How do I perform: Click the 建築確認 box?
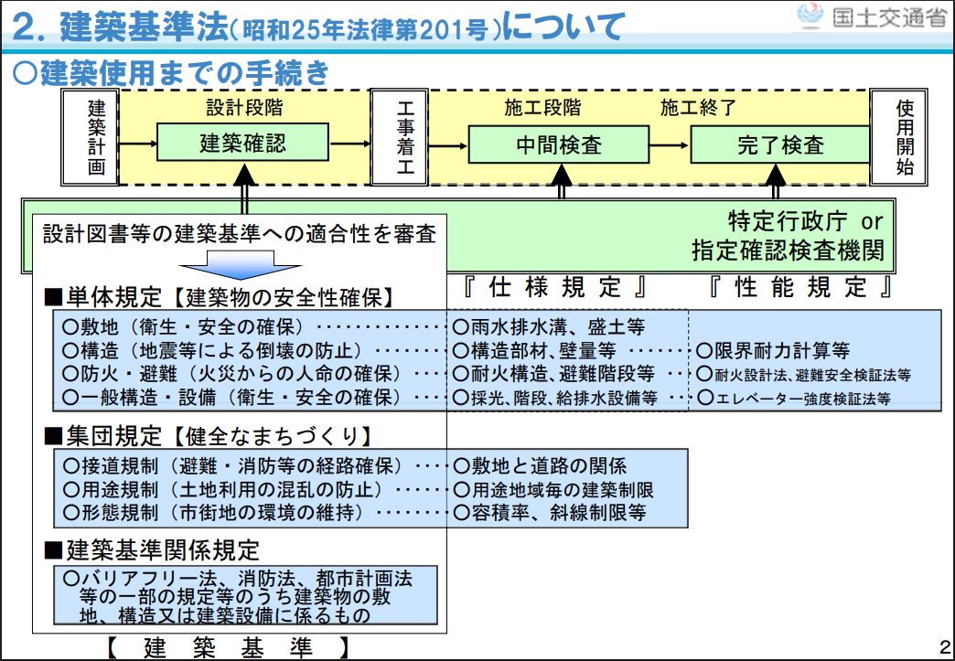(242, 144)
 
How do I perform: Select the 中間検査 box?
(559, 144)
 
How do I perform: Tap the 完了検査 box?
(779, 144)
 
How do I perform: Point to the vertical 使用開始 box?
(903, 137)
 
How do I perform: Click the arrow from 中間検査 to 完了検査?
(668, 144)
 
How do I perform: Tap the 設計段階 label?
(243, 108)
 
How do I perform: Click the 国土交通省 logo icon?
(810, 17)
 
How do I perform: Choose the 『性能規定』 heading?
(800, 288)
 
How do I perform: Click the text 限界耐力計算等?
(774, 349)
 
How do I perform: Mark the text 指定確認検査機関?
(788, 251)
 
